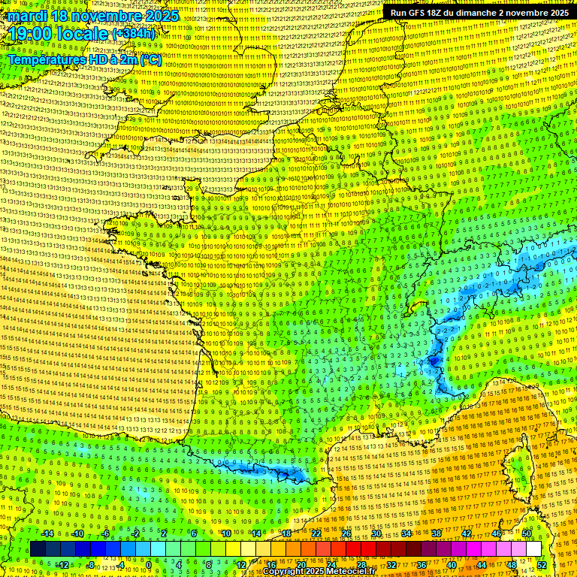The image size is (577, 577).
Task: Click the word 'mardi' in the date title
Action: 26,16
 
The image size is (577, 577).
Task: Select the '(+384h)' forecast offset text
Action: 133,34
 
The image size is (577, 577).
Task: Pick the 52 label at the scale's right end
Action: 542,565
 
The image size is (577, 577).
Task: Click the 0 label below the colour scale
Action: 149,565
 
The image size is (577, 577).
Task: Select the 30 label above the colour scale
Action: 376,533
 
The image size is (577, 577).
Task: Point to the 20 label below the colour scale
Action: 301,565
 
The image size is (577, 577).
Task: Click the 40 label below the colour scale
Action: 451,565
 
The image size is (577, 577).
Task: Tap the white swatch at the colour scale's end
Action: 533,549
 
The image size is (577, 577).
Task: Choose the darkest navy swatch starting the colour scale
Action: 38,549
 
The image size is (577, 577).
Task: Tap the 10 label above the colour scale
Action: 225,533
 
